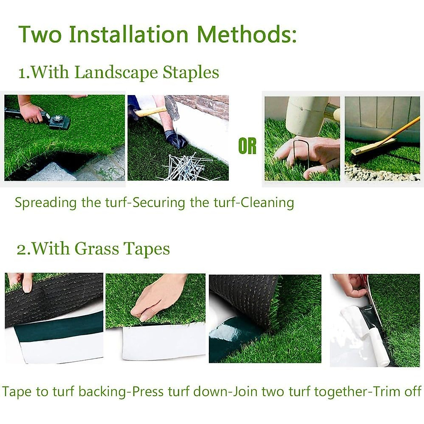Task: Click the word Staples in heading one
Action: click(191, 72)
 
